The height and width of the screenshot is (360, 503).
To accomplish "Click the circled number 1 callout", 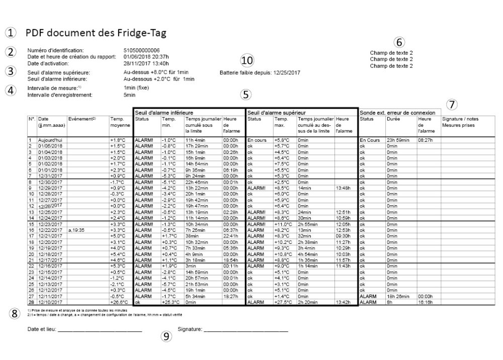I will pos(11,33).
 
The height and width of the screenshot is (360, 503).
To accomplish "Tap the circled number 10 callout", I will pos(247,60).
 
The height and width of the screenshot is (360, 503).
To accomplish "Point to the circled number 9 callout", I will pos(166,337).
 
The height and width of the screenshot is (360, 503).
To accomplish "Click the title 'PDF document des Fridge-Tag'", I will pos(96,33).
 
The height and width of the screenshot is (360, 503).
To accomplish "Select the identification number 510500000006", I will pos(141,50).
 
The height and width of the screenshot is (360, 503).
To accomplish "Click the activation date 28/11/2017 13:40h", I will pos(146,63).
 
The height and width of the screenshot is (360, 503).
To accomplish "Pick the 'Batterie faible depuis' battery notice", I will pos(260,72).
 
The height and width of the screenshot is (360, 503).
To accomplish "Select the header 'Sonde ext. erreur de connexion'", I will pos(397,112).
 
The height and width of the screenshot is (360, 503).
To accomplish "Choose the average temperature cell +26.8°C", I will pos(118,303).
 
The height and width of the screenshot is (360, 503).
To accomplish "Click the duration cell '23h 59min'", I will pos(397,140).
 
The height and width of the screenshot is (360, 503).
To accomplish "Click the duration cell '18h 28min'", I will pos(397,297).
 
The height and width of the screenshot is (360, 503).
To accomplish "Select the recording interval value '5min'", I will pos(129,95).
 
